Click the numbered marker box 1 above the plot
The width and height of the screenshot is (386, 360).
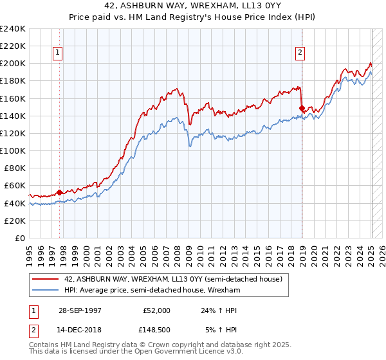click(58, 53)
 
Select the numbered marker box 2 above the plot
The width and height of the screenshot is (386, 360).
click(300, 53)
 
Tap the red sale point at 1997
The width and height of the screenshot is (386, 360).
click(60, 192)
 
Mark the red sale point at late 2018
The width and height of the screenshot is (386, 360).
click(302, 108)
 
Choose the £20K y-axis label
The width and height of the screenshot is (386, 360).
click(15, 221)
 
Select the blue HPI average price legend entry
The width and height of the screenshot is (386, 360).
click(152, 291)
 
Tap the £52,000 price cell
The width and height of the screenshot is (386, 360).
click(156, 310)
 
